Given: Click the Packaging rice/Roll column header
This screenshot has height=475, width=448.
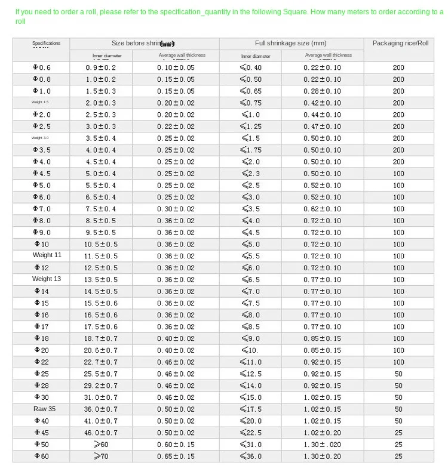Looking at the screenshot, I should [x=400, y=44].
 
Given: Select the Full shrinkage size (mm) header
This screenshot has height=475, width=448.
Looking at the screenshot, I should [x=291, y=44].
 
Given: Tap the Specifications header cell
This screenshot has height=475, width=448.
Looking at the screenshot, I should [x=46, y=44].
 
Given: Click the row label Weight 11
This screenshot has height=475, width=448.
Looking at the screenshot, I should [x=47, y=255].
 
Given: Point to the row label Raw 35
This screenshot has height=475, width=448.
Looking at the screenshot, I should [x=44, y=409].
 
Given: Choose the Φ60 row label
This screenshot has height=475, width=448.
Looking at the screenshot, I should [x=42, y=456].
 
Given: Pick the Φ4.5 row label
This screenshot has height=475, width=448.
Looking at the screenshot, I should [x=42, y=174].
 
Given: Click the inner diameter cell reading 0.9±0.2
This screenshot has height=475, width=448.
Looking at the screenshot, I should [x=100, y=67].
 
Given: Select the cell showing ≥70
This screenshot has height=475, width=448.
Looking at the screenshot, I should [x=101, y=456].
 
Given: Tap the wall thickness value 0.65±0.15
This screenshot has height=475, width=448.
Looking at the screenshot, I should [x=176, y=456].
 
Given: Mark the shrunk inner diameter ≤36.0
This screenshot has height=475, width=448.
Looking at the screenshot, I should [x=251, y=456].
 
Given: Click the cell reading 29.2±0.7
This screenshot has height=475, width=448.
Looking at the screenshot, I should [x=100, y=385].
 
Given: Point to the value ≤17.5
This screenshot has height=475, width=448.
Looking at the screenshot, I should [x=251, y=409].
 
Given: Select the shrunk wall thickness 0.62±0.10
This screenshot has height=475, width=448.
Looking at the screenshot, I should [x=322, y=209].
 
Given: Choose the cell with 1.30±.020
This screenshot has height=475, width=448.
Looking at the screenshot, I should [x=322, y=445].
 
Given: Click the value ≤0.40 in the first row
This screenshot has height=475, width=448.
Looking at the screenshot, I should [x=251, y=67].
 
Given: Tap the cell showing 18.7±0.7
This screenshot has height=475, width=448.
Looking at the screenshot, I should [x=100, y=338].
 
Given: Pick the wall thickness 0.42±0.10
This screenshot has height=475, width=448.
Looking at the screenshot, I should [x=322, y=103].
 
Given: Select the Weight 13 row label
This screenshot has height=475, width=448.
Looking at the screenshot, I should [x=47, y=279].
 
